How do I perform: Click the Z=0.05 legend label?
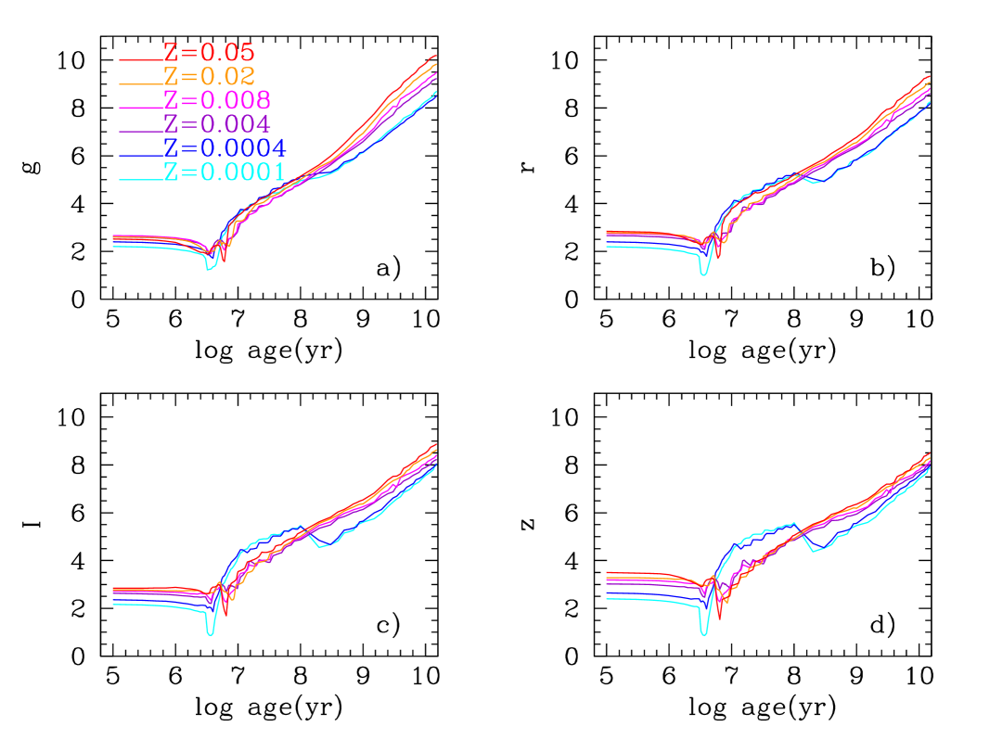(x=208, y=52)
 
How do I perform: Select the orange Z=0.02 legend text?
(x=209, y=76)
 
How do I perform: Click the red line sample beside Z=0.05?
(x=140, y=61)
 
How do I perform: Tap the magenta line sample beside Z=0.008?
(x=140, y=108)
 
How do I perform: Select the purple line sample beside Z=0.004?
(x=140, y=133)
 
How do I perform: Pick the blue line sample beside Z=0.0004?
(x=140, y=156)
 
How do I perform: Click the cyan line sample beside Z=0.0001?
(x=140, y=180)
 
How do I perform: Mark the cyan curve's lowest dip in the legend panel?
(x=211, y=269)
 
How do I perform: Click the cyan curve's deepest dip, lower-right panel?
(x=704, y=635)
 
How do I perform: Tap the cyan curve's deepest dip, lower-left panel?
(x=212, y=635)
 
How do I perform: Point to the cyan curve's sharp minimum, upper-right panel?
(x=704, y=275)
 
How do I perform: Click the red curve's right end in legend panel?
(x=435, y=57)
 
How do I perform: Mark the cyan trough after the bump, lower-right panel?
(x=815, y=552)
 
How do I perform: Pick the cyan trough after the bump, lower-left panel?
(x=321, y=547)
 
